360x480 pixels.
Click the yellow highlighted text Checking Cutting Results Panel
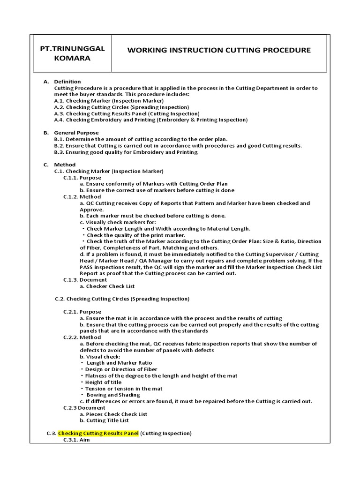(98, 433)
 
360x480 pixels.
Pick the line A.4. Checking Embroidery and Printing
(150, 120)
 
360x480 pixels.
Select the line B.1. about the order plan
(141, 139)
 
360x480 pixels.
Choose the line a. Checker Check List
(107, 286)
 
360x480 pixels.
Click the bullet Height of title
(103, 382)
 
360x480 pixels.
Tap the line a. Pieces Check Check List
(113, 414)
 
